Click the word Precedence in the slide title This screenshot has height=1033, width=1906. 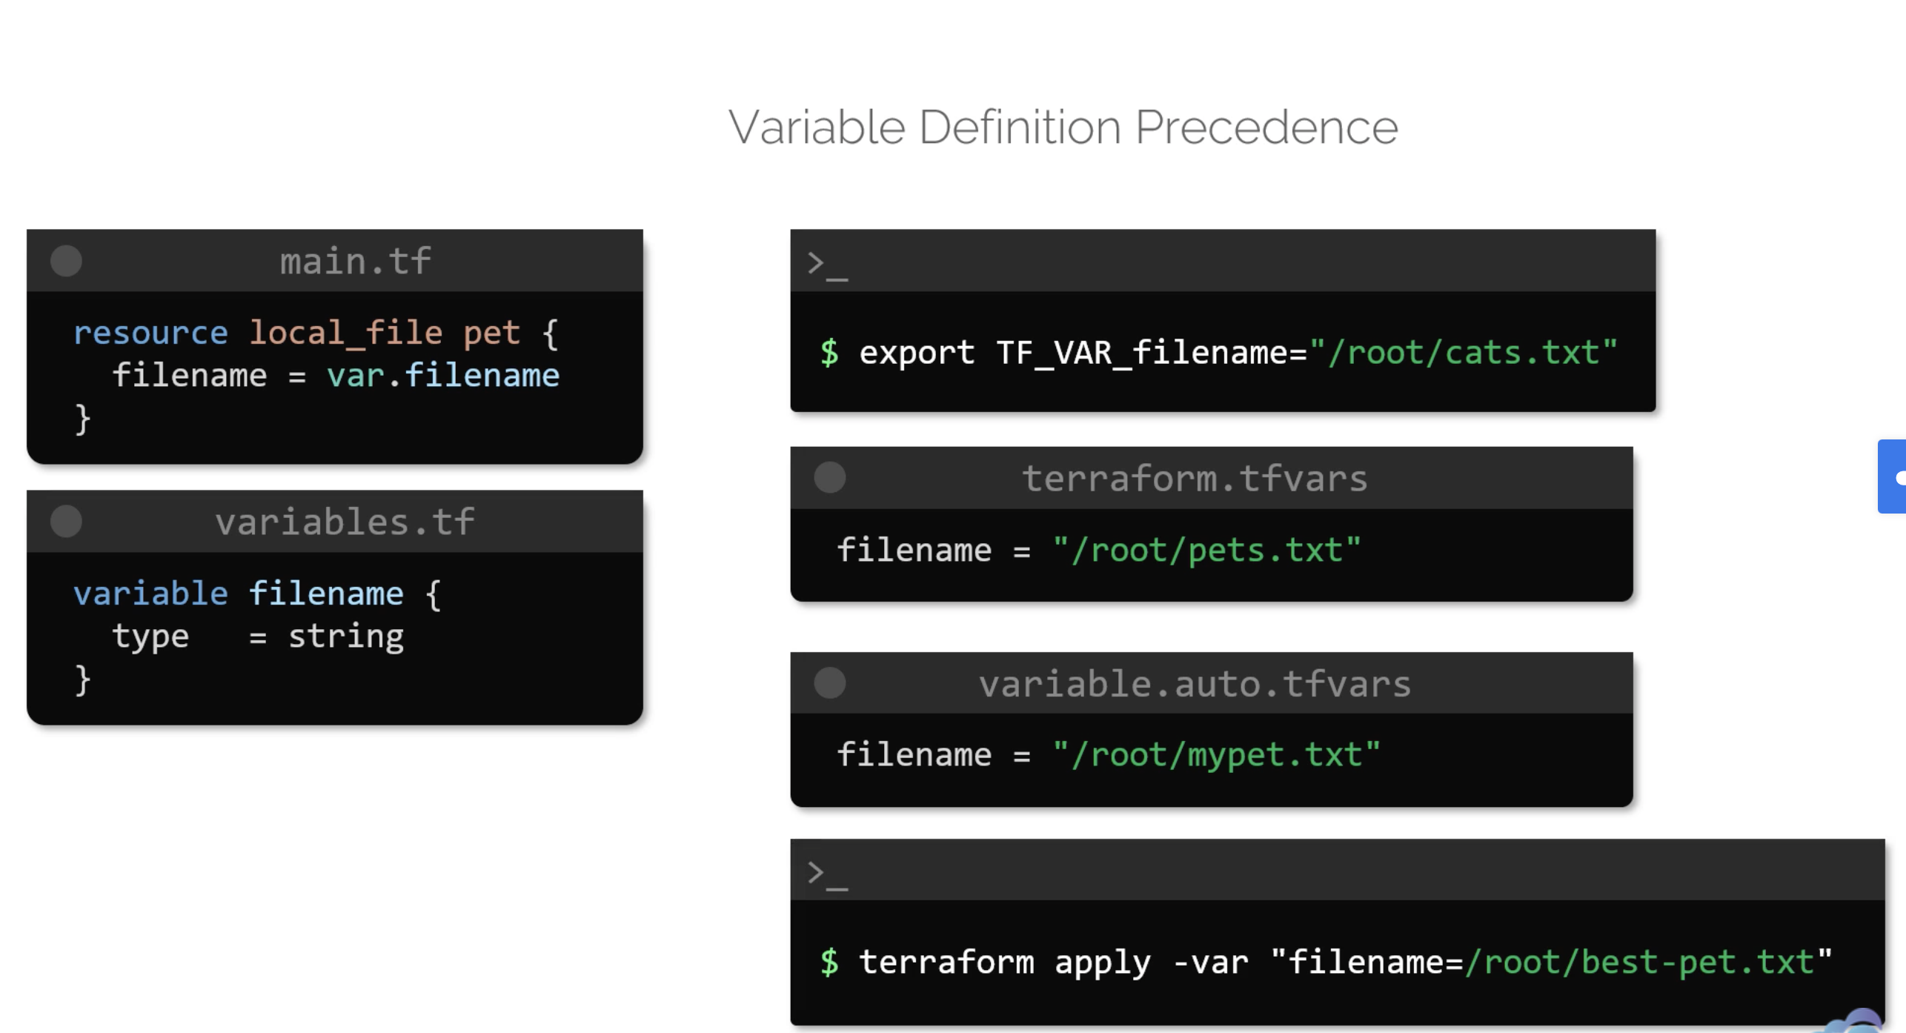pos(1266,127)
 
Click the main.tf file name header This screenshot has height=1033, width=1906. pos(355,262)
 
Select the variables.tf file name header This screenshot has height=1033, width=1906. pos(345,522)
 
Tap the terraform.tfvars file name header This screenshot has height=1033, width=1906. pos(1195,479)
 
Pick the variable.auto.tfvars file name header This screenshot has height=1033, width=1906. pos(1195,683)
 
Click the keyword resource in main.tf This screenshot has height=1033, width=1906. pos(150,333)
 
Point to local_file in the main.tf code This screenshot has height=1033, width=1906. pos(345,333)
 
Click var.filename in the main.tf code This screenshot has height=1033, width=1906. pos(443,376)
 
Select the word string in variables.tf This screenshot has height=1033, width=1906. pos(345,637)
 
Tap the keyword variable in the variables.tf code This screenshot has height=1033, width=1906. pos(150,594)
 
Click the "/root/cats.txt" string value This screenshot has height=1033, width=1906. pos(1464,353)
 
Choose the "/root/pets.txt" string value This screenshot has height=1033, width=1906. pos(1206,551)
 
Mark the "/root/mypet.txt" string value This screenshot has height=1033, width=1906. pos(1216,755)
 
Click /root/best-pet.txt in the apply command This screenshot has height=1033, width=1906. pos(1639,963)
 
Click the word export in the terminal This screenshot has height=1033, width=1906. pos(917,353)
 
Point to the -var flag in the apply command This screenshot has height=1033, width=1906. pos(1211,963)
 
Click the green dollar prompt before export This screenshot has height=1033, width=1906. pos(829,353)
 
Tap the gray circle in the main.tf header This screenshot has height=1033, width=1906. pos(66,261)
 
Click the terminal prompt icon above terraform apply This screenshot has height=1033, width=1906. pos(826,874)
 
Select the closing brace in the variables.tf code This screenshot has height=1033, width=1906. pos(82,680)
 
